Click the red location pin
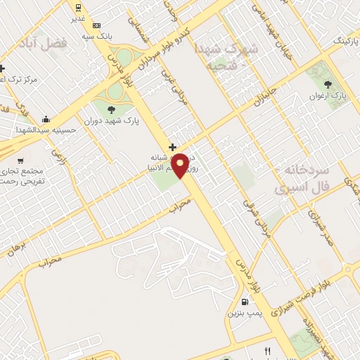(180, 165)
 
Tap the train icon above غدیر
(78, 8)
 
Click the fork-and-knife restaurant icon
(267, 351)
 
